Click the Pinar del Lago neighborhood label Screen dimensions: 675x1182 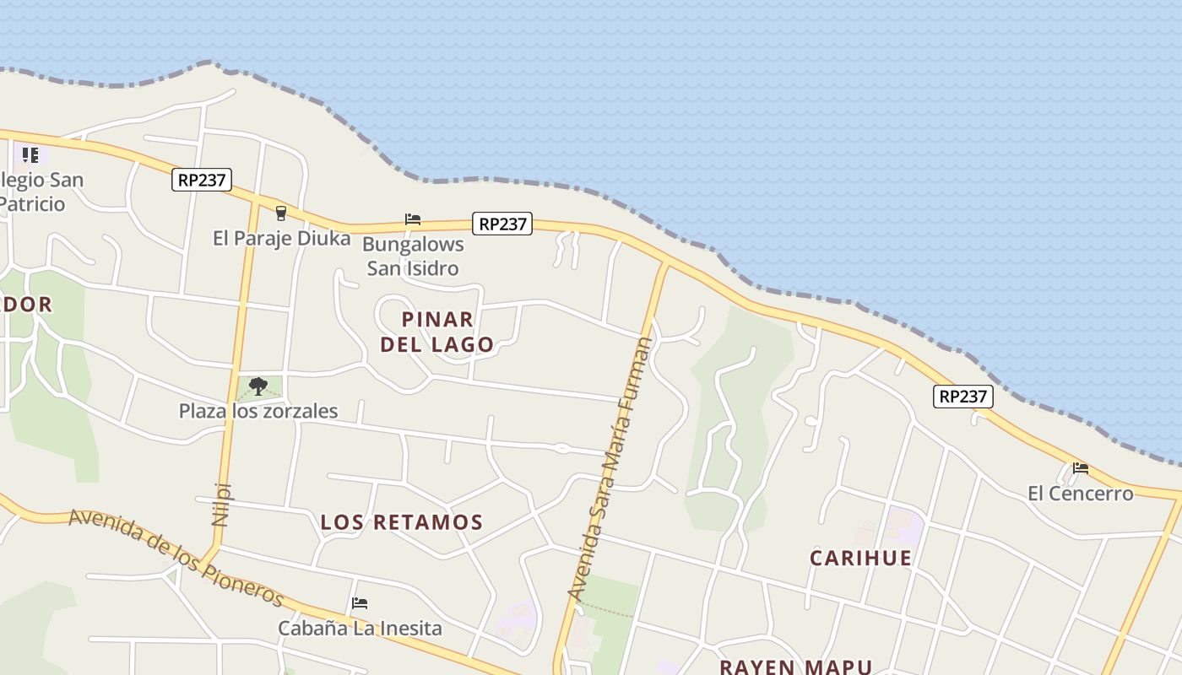pyautogui.click(x=436, y=332)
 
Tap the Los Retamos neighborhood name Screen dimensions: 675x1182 pyautogui.click(x=402, y=522)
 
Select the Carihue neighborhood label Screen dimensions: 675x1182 pyautogui.click(x=860, y=558)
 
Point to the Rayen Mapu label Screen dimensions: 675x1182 pyautogui.click(x=795, y=667)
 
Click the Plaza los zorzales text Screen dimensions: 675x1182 pyautogui.click(x=258, y=411)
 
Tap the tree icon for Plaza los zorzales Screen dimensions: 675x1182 pyautogui.click(x=258, y=386)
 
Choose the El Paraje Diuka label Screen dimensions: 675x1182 pyautogui.click(x=281, y=239)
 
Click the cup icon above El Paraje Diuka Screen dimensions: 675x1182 pyautogui.click(x=281, y=213)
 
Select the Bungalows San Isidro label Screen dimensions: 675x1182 pyautogui.click(x=413, y=256)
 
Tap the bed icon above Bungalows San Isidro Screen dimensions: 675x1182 pyautogui.click(x=413, y=219)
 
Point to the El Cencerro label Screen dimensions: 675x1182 pyautogui.click(x=1080, y=494)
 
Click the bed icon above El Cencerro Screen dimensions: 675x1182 pyautogui.click(x=1081, y=468)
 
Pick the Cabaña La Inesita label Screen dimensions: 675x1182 pyautogui.click(x=360, y=629)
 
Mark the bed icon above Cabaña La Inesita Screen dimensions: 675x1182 pyautogui.click(x=360, y=603)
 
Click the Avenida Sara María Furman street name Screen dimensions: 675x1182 pyautogui.click(x=612, y=468)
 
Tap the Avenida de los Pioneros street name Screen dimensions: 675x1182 pyautogui.click(x=176, y=556)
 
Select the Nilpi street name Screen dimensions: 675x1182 pyautogui.click(x=221, y=504)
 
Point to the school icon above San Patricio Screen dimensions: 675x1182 pyautogui.click(x=30, y=154)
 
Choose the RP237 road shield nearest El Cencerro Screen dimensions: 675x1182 pyautogui.click(x=962, y=397)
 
